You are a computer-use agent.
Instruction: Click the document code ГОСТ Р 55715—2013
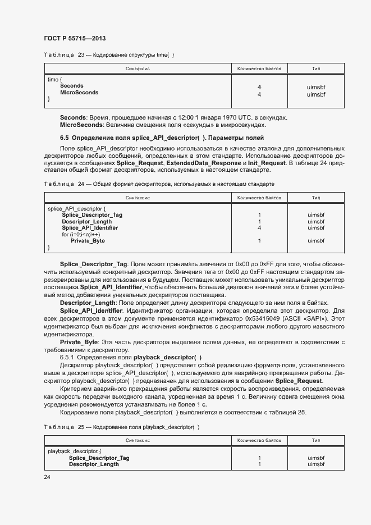[74, 38]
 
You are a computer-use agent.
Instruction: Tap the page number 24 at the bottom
[47, 477]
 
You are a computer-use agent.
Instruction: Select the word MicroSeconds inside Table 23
[79, 93]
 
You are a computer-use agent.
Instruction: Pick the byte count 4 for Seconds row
[259, 87]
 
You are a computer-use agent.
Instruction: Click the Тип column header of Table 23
[316, 69]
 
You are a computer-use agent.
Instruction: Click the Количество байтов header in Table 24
[259, 198]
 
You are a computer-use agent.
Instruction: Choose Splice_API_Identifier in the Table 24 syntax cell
[90, 228]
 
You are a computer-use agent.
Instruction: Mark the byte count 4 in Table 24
[259, 228]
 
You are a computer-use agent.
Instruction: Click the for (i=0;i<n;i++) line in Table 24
[81, 235]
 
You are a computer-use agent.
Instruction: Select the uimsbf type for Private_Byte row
[316, 241]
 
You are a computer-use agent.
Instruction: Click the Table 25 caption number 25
[81, 427]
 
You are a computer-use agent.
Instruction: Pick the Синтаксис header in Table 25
[138, 441]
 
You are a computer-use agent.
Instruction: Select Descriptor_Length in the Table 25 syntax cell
[94, 464]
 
